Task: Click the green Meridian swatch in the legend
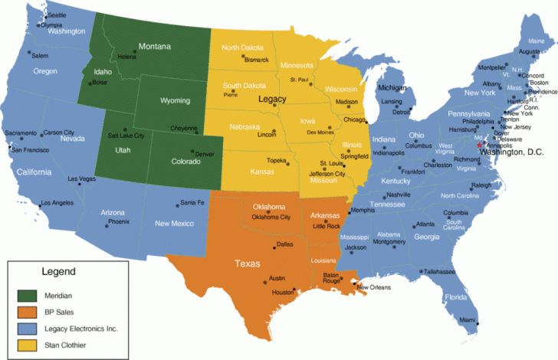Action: (x=27, y=295)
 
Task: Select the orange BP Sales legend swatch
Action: (x=27, y=313)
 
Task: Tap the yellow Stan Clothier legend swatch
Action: (x=27, y=345)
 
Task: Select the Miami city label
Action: (x=468, y=320)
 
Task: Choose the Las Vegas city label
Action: (x=82, y=179)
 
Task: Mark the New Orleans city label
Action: (x=373, y=287)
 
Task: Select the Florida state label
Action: (x=457, y=297)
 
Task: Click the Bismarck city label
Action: (x=256, y=60)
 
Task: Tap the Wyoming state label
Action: (x=175, y=100)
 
